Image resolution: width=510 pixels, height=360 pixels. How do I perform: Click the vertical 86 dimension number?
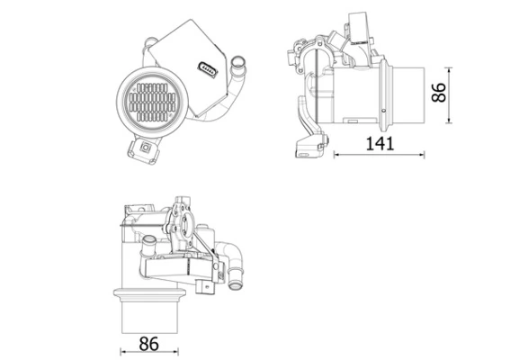(440, 92)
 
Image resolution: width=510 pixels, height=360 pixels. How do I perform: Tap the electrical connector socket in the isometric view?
(208, 68)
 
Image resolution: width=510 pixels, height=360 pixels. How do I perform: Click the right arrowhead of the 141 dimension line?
(422, 154)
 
